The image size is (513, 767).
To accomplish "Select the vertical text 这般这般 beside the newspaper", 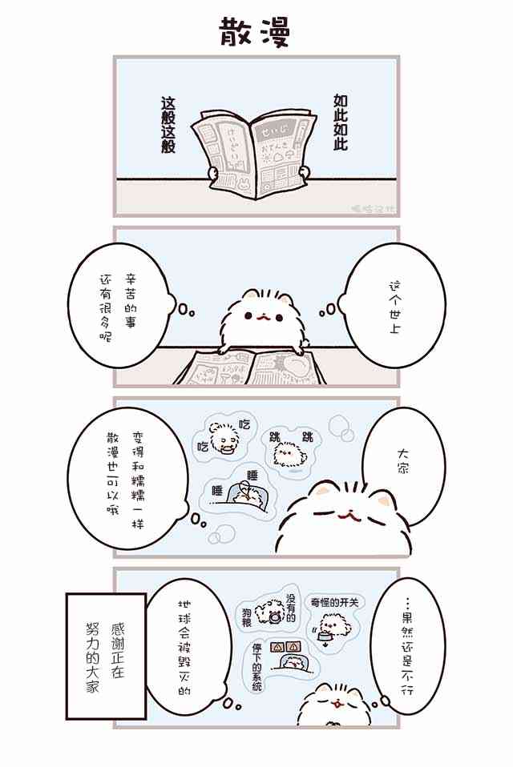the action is pyautogui.click(x=168, y=126).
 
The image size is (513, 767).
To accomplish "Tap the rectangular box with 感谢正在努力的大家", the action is pyautogui.click(x=106, y=656).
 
